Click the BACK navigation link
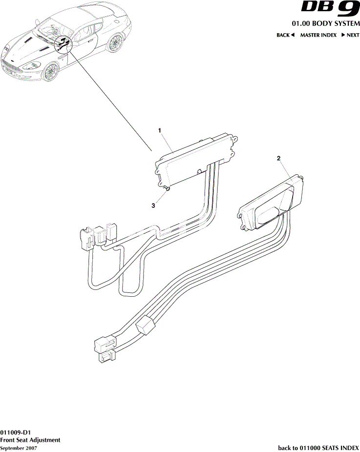285,35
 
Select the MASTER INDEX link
318,35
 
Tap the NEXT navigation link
350,35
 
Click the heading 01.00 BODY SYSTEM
326,23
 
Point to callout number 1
159,130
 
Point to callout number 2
278,158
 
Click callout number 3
153,205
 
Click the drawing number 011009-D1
16,432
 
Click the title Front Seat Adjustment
30,440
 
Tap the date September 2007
19,448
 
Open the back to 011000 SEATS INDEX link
318,448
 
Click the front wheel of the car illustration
50,72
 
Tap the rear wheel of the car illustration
115,43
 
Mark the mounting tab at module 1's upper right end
235,138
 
